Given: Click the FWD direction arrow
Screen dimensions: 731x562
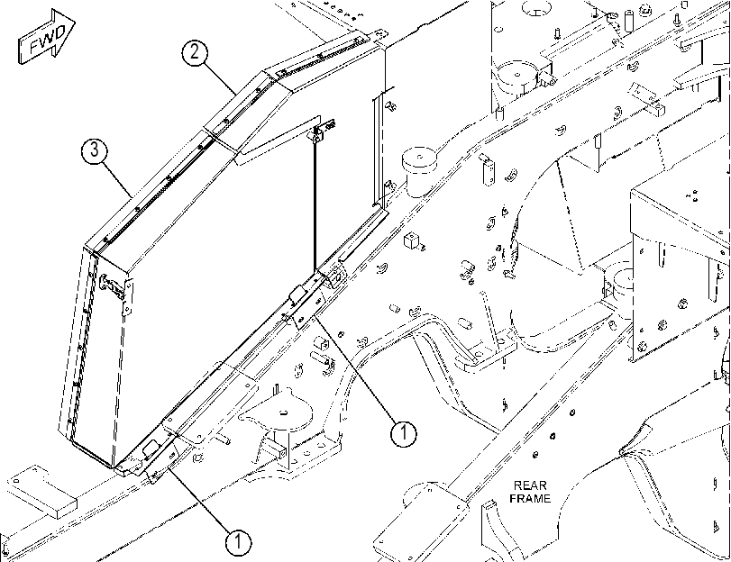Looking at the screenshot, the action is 47,36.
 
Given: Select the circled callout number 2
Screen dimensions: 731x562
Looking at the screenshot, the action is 195,51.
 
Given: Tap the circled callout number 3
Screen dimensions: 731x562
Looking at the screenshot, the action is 95,150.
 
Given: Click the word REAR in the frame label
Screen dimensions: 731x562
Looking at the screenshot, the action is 530,485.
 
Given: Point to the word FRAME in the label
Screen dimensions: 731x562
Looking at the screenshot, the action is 530,499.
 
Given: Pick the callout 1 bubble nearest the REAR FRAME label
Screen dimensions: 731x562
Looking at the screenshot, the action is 403,434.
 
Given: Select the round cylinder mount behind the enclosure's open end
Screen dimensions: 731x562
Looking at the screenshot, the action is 419,171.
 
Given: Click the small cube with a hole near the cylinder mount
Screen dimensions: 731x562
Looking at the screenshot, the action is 411,240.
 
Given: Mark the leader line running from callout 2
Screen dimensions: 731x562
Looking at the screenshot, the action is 218,77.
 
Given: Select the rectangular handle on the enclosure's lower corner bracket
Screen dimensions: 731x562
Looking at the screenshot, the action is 151,449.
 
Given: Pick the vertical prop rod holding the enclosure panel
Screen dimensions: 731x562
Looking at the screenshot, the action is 315,204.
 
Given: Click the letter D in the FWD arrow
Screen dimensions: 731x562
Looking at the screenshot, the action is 61,32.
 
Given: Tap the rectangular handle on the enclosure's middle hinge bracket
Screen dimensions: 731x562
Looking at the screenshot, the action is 297,294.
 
